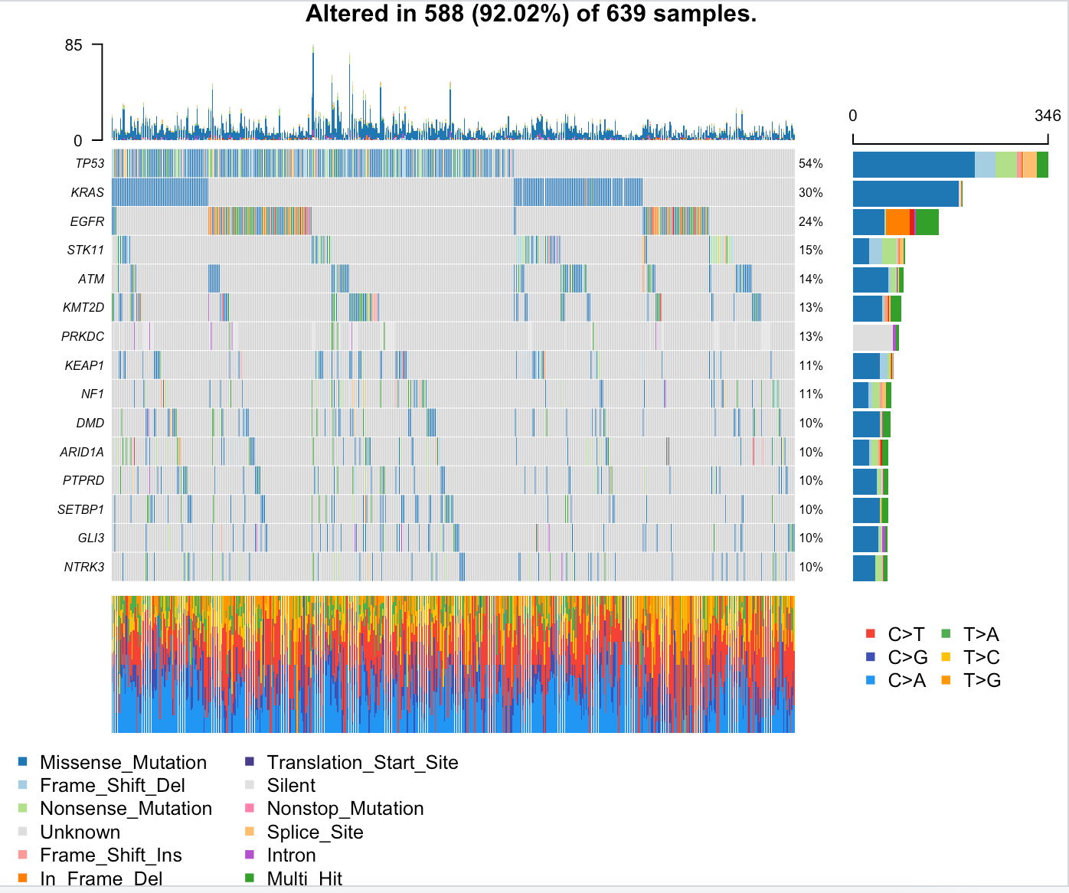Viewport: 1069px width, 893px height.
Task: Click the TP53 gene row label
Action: [90, 163]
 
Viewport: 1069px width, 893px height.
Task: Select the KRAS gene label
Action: [87, 192]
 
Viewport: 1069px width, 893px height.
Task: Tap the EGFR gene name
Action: [87, 221]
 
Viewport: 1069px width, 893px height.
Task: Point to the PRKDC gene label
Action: [83, 336]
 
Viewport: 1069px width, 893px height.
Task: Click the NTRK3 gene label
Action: [84, 567]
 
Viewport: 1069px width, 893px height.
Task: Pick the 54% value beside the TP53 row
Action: [811, 163]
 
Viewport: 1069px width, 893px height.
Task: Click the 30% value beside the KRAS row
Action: [811, 192]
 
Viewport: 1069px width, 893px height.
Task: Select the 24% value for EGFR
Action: [811, 221]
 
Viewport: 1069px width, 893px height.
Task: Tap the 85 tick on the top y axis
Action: [74, 45]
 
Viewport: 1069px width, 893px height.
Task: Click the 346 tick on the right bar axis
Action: [1048, 116]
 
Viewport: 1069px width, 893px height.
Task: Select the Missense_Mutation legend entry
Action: [123, 762]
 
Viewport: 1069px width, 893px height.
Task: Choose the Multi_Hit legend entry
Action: [304, 878]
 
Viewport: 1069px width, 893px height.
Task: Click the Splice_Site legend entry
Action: [315, 832]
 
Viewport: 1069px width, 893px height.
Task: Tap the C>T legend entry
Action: [906, 634]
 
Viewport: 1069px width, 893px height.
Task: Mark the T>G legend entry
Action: [982, 680]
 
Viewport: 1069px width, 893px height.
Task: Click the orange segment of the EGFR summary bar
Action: [897, 221]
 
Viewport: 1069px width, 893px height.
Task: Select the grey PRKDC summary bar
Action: [872, 337]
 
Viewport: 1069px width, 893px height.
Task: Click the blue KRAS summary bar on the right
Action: [905, 193]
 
